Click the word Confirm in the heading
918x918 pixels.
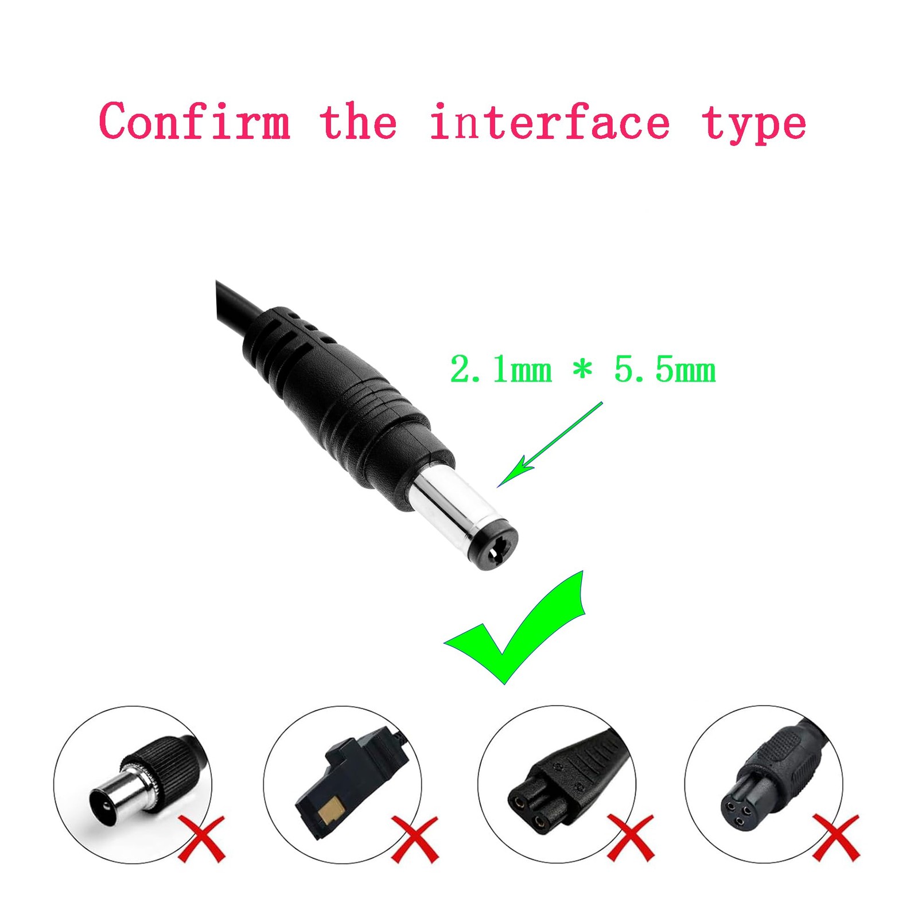pyautogui.click(x=195, y=121)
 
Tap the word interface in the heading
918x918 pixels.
pyautogui.click(x=550, y=121)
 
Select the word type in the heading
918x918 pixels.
pyautogui.click(x=754, y=125)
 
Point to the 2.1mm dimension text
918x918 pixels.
pyautogui.click(x=501, y=369)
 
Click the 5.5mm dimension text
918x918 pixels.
pyautogui.click(x=665, y=369)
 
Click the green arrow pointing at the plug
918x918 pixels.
pyautogui.click(x=550, y=445)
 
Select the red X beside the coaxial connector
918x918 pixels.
pyautogui.click(x=201, y=838)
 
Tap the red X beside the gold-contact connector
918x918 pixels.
pyautogui.click(x=415, y=839)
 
